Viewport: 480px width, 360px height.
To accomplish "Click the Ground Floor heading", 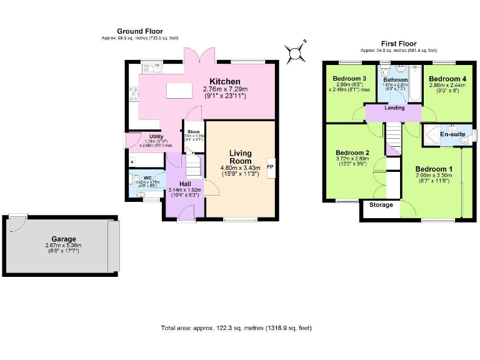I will pos(140,31).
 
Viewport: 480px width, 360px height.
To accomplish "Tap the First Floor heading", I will pos(399,44).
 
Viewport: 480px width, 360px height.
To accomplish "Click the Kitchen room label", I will pos(225,82).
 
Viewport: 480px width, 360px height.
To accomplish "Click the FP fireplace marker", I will pos(270,167).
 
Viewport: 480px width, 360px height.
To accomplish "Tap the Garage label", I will pos(64,239).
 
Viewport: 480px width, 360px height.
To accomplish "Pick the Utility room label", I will pos(156,137).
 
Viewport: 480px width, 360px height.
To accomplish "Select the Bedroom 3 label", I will pos(346,78).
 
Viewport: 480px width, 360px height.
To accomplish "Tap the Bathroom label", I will pos(395,80).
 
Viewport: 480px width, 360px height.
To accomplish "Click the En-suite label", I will pos(452,134).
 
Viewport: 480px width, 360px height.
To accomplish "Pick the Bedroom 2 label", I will pos(352,152).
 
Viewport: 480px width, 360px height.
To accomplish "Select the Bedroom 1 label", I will pos(434,169).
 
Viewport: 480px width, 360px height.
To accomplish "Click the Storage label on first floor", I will pos(381,205).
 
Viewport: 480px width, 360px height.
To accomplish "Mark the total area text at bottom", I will pos(236,327).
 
